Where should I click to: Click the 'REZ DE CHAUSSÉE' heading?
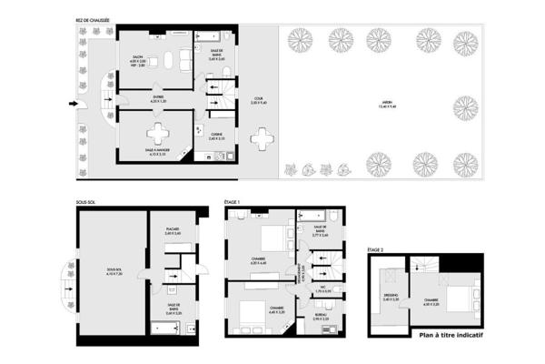point(94,19)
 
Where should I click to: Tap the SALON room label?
point(136,56)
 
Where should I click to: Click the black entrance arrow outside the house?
point(74,103)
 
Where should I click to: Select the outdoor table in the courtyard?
point(263,138)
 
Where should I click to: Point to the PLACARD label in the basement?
point(173,229)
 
